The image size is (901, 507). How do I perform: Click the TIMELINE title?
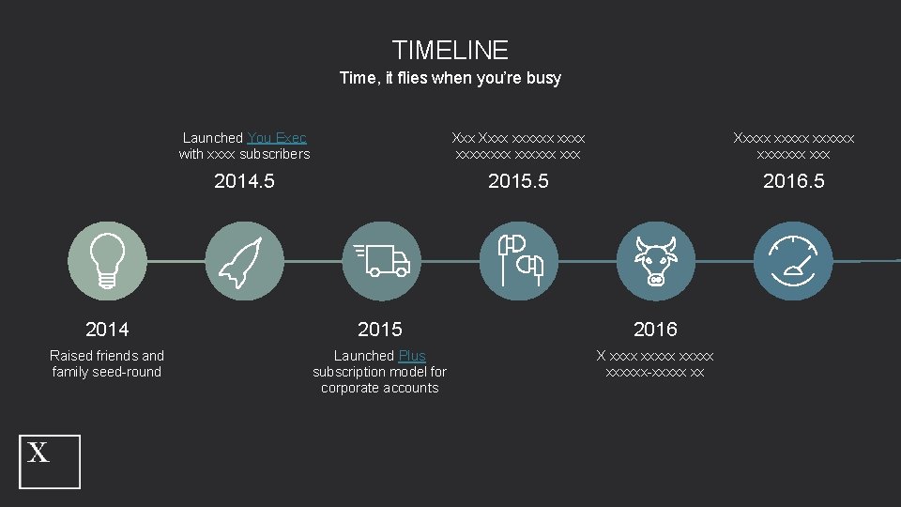[x=450, y=50]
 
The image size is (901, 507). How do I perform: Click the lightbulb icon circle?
[x=108, y=260]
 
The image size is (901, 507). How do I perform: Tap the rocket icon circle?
[x=244, y=260]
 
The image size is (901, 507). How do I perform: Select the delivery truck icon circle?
[x=380, y=260]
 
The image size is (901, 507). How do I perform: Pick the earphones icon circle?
[x=518, y=260]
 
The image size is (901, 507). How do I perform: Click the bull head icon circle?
[x=655, y=260]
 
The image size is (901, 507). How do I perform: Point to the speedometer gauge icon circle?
[x=793, y=260]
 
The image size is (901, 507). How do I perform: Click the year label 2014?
[x=107, y=329]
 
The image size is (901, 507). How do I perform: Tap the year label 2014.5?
[x=244, y=181]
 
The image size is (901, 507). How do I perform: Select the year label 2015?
[x=380, y=329]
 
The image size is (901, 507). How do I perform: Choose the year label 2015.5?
[x=518, y=181]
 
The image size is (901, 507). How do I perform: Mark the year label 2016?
[x=655, y=329]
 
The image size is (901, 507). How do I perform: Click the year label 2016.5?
[x=793, y=181]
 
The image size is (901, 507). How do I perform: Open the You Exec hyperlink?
[x=277, y=138]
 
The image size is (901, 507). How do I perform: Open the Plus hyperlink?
[x=412, y=356]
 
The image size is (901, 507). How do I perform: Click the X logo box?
[x=51, y=461]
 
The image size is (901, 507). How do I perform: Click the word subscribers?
[x=275, y=154]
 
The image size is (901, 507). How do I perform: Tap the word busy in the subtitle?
[x=543, y=78]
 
